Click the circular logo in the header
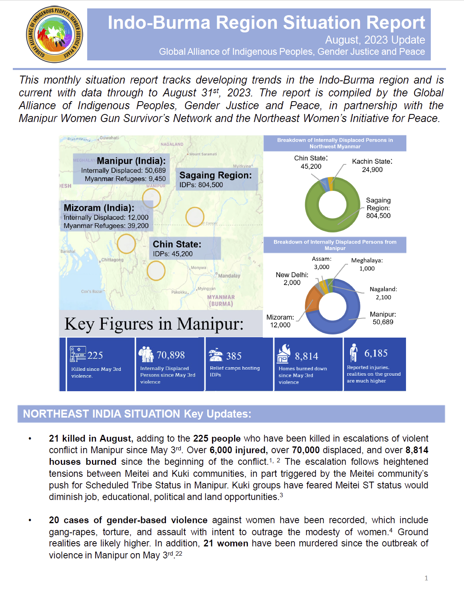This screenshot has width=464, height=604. coord(54,34)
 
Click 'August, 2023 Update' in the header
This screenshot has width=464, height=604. coord(375,40)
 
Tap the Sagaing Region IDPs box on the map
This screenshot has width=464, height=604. coord(216,180)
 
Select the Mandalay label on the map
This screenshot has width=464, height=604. coord(229,276)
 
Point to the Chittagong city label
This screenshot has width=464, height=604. coord(112,260)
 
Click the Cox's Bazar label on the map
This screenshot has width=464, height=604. coord(92,292)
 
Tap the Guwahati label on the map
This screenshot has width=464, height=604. coord(109,138)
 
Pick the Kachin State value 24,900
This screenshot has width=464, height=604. coord(372,170)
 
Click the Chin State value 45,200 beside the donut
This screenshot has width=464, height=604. coord(311,166)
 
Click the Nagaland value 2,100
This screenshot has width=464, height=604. coord(383,297)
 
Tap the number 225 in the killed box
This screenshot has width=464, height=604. coord(95,355)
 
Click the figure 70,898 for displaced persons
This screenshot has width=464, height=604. coord(171,355)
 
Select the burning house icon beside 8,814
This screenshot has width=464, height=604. coord(284,354)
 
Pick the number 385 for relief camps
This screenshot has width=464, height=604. coord(234,356)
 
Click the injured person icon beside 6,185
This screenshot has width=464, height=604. coord(353,352)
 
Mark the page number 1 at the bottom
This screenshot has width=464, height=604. coord(426,578)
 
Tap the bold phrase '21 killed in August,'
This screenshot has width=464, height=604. coord(90,438)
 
